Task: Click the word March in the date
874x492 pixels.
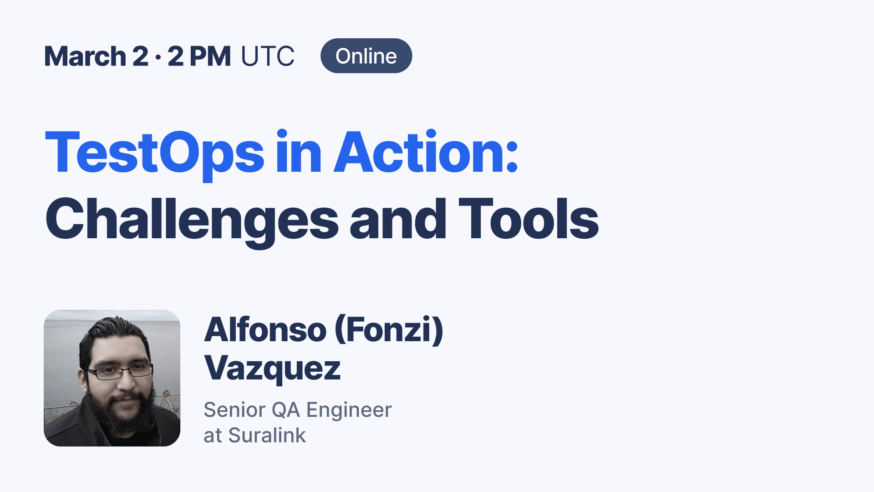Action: tap(85, 56)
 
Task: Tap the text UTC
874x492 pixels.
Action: tap(268, 56)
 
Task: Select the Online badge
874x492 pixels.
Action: tap(366, 56)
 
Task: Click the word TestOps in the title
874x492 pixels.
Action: tap(154, 153)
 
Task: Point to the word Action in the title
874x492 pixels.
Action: tap(426, 153)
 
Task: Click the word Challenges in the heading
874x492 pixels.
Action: tap(192, 220)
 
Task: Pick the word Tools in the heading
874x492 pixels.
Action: tap(528, 220)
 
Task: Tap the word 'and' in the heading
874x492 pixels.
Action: tap(398, 220)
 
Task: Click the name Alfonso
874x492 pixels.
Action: tap(265, 329)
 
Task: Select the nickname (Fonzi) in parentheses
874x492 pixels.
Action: tap(389, 329)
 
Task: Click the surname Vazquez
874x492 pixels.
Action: tap(272, 368)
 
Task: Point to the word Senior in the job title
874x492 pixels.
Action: tap(234, 410)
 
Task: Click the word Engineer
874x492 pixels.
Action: tap(349, 410)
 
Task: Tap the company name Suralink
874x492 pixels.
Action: tap(267, 436)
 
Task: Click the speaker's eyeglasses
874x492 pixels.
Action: tap(121, 372)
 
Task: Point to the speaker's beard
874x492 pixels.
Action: tap(123, 415)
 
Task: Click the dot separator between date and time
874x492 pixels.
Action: tap(158, 57)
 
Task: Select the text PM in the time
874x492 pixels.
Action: tap(210, 56)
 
